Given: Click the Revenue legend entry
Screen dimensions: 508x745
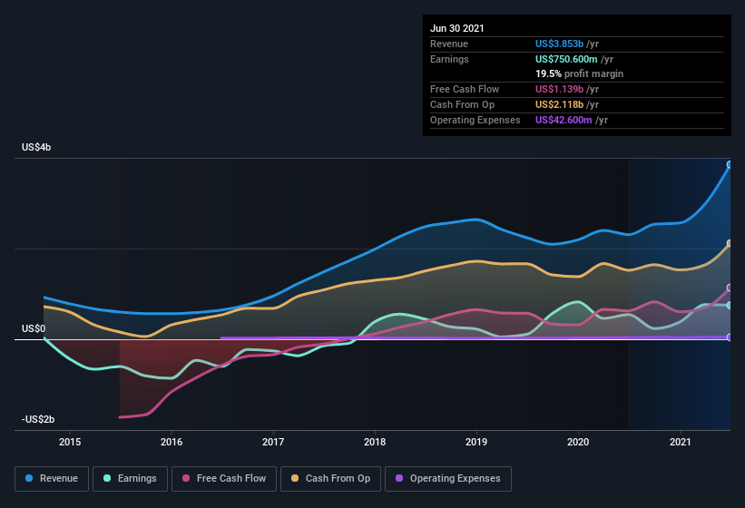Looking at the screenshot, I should pyautogui.click(x=51, y=478).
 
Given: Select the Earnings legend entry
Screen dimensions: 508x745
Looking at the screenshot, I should pyautogui.click(x=129, y=478).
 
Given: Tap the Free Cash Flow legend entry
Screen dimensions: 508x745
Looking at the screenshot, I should pyautogui.click(x=223, y=478).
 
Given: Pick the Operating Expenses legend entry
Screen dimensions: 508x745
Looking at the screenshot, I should pyautogui.click(x=447, y=478).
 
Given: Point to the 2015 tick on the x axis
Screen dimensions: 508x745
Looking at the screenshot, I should pyautogui.click(x=70, y=442).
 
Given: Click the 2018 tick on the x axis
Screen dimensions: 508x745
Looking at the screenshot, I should pyautogui.click(x=375, y=442).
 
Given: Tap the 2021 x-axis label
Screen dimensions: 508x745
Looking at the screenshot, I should pyautogui.click(x=680, y=442).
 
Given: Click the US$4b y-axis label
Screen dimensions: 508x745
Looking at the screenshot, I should pyautogui.click(x=37, y=147).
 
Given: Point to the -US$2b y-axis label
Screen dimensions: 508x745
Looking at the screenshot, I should pyautogui.click(x=39, y=419).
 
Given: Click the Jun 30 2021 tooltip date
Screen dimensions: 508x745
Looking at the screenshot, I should pyautogui.click(x=457, y=28).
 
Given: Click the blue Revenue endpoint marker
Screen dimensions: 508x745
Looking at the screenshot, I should pyautogui.click(x=730, y=165).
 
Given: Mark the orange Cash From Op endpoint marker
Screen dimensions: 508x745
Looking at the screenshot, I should pyautogui.click(x=730, y=244).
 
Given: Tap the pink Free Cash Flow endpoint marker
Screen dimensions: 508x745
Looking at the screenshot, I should pyautogui.click(x=730, y=288).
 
